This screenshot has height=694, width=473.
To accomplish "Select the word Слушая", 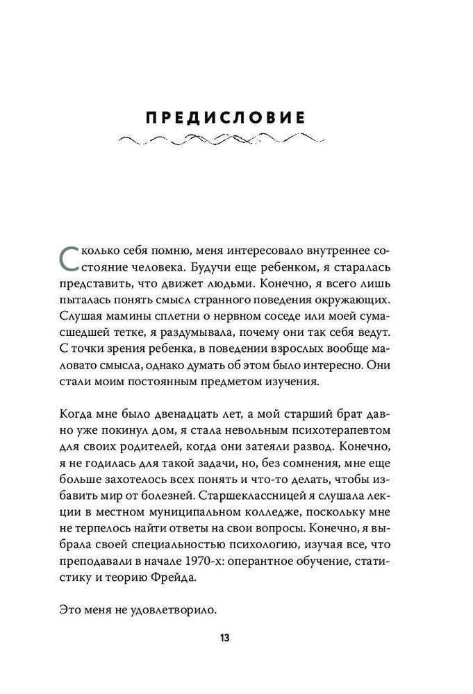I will (x=81, y=321).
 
